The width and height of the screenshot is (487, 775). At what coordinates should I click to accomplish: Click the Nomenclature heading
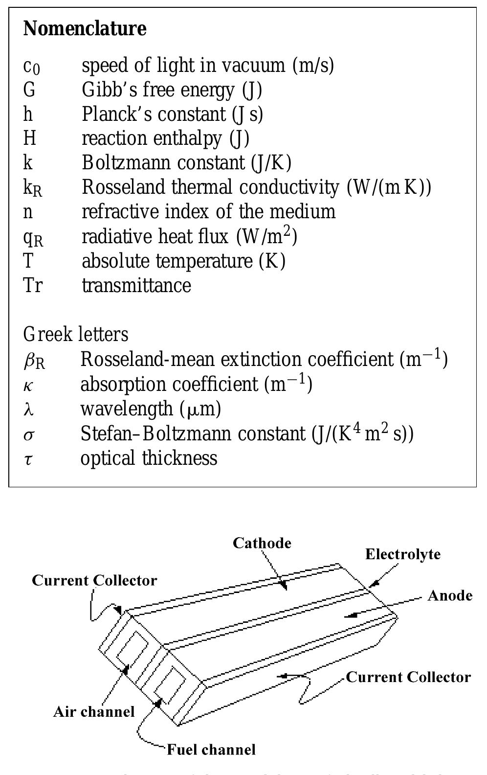click(x=85, y=28)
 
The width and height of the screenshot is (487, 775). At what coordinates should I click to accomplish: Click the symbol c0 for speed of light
click(x=31, y=66)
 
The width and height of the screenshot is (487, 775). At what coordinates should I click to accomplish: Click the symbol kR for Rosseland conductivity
click(x=33, y=188)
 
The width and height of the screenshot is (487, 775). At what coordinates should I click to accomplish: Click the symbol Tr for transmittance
click(x=32, y=285)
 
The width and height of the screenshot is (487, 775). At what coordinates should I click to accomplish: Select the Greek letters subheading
click(x=76, y=335)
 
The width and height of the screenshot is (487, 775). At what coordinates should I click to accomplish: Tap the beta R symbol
click(x=34, y=361)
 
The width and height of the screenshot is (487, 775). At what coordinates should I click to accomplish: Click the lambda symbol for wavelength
click(x=28, y=409)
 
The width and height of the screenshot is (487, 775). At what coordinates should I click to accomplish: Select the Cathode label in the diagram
click(x=262, y=543)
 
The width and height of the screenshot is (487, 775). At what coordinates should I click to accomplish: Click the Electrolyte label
click(x=403, y=554)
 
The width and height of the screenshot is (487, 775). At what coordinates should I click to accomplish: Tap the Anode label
click(x=450, y=595)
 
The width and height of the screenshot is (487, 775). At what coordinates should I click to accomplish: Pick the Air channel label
click(x=94, y=711)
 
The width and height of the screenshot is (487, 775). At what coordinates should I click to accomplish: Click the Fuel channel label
click(x=211, y=750)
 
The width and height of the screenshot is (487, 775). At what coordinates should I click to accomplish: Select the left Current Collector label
click(x=94, y=580)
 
